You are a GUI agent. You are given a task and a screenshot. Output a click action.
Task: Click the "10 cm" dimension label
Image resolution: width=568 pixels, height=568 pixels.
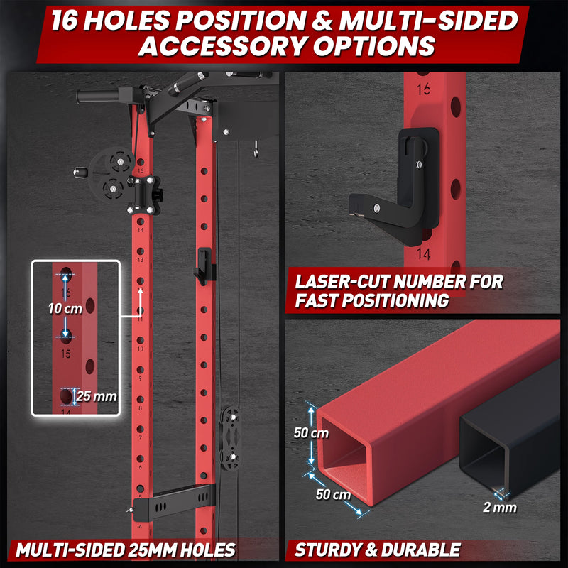point(65,309)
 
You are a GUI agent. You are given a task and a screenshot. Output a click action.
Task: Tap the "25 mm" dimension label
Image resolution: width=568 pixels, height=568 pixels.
point(97,396)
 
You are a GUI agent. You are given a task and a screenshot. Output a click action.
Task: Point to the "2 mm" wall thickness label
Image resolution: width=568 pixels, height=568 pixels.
point(500,508)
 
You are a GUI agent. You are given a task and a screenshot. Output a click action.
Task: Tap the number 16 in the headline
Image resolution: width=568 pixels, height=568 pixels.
point(65,21)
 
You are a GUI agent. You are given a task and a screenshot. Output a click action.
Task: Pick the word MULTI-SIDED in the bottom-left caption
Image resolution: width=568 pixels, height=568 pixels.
point(69,550)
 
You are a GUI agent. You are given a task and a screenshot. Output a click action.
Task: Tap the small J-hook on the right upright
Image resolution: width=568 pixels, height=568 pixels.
point(203,266)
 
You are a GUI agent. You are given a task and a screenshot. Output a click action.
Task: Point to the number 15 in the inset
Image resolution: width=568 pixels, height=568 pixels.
point(66,354)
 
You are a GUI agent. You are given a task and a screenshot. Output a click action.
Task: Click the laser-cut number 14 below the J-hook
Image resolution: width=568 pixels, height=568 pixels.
point(423,253)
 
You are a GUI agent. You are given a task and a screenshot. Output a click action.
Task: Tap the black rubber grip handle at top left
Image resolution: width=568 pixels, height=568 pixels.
point(98,96)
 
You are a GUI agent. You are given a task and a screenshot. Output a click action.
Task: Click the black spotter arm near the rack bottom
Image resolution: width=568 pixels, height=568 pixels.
point(174,502)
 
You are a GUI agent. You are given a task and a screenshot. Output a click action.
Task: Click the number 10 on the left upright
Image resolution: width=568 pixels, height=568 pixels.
point(140,349)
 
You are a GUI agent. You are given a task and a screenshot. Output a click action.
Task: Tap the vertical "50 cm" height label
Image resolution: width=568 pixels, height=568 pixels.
point(311,433)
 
